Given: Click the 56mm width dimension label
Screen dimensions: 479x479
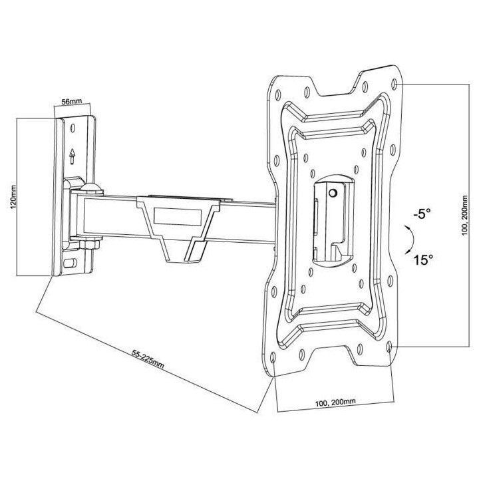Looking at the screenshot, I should tap(71, 102).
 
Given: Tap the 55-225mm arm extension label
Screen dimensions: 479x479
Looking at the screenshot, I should tap(148, 359).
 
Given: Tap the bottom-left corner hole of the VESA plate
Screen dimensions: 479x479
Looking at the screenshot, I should tap(274, 360).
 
